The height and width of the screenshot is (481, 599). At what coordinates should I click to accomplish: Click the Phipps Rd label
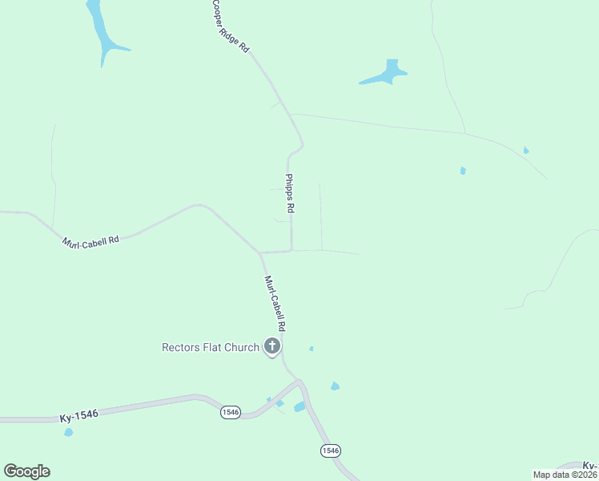coord(290,193)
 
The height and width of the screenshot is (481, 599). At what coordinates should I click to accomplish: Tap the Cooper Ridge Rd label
coord(231,26)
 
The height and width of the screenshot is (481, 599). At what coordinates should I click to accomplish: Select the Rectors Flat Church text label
coord(211,347)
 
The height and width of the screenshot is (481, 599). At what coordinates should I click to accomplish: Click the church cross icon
coord(272,347)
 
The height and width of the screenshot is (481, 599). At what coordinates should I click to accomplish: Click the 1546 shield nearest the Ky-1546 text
coord(231,412)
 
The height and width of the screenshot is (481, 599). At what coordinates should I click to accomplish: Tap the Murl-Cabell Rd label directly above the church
coord(275,304)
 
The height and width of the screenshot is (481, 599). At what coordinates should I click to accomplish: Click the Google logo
coord(26,471)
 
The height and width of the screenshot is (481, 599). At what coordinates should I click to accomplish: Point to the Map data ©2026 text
coord(565,475)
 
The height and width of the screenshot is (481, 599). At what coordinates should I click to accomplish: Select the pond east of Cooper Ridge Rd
coord(386,75)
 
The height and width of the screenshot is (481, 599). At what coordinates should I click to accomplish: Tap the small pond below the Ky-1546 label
coord(69,432)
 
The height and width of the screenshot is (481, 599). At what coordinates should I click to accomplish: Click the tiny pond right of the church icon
coord(311,349)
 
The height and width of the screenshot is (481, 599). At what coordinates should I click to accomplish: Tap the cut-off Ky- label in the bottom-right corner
coord(590,466)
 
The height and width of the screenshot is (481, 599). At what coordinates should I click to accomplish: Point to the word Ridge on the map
coord(232,29)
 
